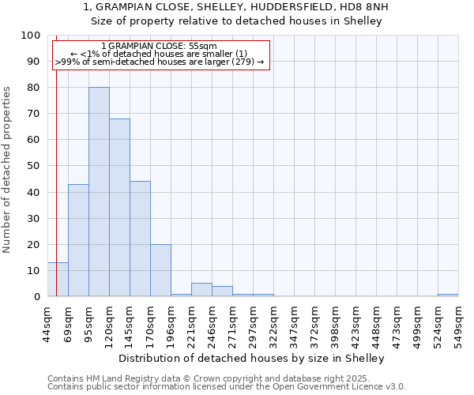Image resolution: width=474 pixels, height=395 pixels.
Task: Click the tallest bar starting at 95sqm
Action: point(99,192)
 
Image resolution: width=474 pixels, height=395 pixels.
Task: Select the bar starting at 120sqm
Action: point(119,208)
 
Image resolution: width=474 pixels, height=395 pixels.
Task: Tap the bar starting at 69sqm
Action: point(78,240)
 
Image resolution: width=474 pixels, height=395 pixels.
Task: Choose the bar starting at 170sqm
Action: point(160,270)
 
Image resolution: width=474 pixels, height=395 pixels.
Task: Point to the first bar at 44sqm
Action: point(58,280)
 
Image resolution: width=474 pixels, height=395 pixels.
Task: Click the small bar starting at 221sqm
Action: point(201,290)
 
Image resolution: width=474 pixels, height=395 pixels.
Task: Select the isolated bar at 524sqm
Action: point(448,295)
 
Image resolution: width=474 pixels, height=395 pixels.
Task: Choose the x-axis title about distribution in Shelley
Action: point(253,358)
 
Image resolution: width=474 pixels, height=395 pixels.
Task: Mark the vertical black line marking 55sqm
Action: point(56,158)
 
